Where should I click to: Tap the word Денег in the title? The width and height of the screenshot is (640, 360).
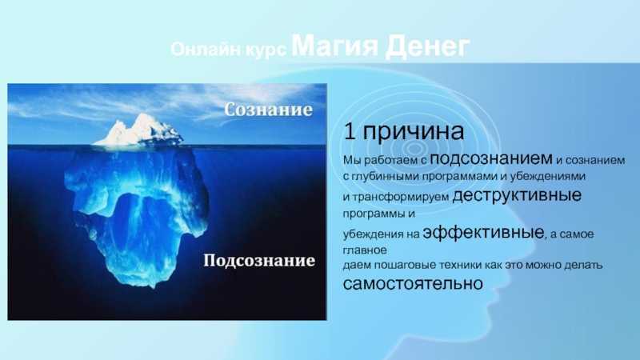coord(427,46)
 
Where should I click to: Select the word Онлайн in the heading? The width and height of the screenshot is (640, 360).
coord(206,50)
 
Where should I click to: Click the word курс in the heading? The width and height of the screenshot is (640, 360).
coord(266,50)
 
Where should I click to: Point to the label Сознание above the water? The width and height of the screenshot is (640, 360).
coord(269,110)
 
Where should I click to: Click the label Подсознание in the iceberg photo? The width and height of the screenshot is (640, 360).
coord(259,261)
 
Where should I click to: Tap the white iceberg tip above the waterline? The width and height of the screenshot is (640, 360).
coord(139,130)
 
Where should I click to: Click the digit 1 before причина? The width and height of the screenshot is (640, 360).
coord(349,131)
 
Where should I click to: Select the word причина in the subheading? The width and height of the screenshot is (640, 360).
coord(413,132)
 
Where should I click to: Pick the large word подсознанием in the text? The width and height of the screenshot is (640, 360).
coord(491,158)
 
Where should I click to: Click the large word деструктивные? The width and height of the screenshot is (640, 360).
coord(517,195)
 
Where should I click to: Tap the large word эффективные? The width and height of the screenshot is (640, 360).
coord(484,232)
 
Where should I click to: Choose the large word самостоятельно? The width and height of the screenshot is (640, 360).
coord(413,283)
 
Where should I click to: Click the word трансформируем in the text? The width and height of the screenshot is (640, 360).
coord(400,197)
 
